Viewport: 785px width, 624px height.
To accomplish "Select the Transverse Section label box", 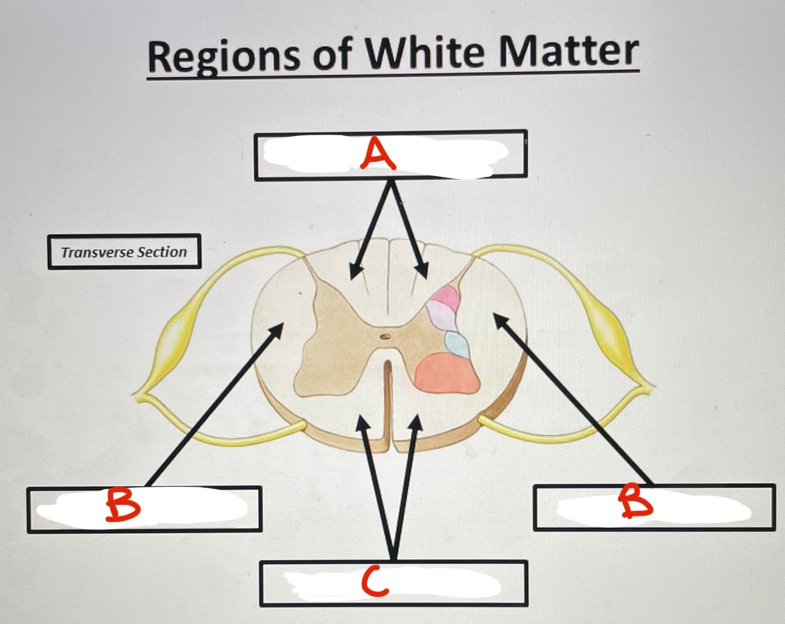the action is [124, 252].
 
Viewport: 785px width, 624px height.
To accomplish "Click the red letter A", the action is [379, 155].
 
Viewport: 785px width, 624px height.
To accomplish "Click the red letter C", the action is [375, 583].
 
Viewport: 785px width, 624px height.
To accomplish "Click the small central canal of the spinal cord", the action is [384, 336].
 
